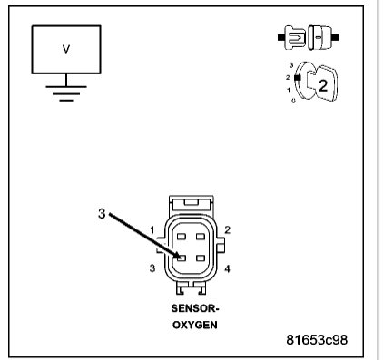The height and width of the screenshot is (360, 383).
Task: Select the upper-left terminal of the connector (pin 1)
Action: click(x=182, y=238)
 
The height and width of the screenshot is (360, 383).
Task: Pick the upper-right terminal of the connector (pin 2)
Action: click(x=205, y=238)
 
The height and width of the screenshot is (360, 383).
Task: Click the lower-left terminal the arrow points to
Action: click(x=182, y=258)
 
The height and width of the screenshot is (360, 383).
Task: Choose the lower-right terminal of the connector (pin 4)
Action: click(x=205, y=258)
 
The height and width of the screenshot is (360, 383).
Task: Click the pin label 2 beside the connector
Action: click(x=227, y=230)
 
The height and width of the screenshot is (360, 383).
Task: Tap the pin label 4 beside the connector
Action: click(x=227, y=269)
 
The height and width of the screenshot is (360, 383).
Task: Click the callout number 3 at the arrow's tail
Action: click(x=102, y=214)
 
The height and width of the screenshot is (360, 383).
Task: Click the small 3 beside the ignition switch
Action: click(x=290, y=66)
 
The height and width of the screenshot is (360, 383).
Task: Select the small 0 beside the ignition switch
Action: click(x=293, y=101)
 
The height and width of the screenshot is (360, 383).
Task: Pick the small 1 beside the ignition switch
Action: click(x=290, y=90)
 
